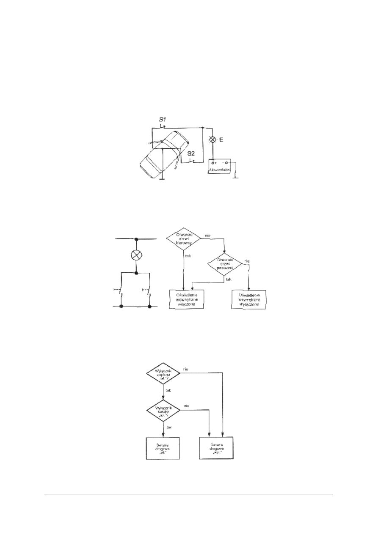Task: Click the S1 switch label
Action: (x=162, y=120)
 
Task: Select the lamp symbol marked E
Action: (x=213, y=139)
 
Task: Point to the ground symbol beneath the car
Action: (x=162, y=178)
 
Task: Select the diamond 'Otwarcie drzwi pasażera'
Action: (x=224, y=265)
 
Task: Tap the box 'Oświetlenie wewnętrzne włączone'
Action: (x=186, y=299)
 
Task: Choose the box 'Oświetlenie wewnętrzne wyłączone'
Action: (x=249, y=299)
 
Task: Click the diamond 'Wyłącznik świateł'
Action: (x=163, y=411)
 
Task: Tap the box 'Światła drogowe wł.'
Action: (x=163, y=448)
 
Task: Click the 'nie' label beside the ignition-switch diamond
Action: (x=186, y=369)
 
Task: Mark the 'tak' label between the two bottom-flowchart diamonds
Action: (x=168, y=391)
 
